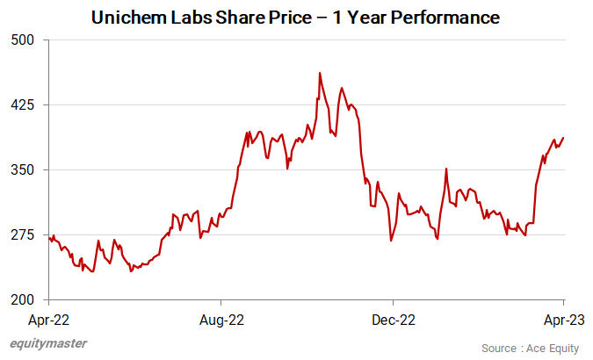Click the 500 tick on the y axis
tap(22, 40)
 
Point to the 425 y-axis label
tap(22, 104)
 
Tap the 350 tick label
tap(22, 169)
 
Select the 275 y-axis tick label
tap(22, 234)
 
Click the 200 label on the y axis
tap(22, 299)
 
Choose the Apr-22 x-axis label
tap(51, 319)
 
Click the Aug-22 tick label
tap(222, 319)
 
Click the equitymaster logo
tap(48, 344)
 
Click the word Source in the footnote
tap(500, 348)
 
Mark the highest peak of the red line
tap(320, 73)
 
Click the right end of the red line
tap(563, 138)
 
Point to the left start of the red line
tap(51, 237)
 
